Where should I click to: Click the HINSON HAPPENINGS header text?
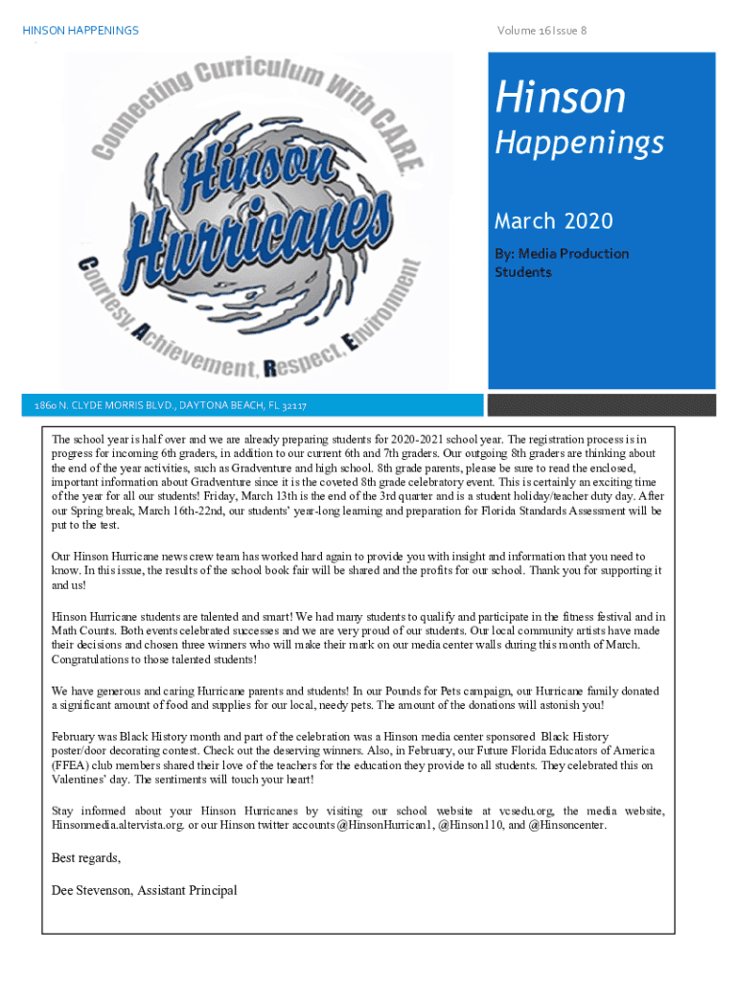[x=81, y=31]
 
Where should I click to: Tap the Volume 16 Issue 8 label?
[x=542, y=31]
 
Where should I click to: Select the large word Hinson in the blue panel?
[x=560, y=98]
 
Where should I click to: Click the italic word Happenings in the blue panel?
[x=579, y=144]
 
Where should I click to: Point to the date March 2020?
[x=553, y=221]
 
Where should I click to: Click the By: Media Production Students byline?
[x=561, y=262]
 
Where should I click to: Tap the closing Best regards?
[x=86, y=857]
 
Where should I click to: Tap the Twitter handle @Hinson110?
[x=470, y=825]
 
